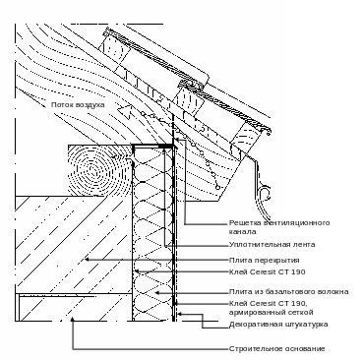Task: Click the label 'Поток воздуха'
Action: pos(78,105)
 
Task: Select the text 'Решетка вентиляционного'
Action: pos(279,223)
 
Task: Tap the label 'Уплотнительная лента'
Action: pos(271,245)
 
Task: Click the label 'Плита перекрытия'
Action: pos(264,261)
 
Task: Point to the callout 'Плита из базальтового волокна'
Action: pos(288,291)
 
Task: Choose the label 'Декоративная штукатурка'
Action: pos(278,325)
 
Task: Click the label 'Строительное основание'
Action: pos(276,348)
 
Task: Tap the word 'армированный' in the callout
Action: pos(253,312)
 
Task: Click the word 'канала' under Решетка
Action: pos(242,231)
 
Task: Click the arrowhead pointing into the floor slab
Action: pos(87,260)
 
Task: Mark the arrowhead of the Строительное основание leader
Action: pos(73,320)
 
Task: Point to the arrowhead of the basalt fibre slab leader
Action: pos(156,292)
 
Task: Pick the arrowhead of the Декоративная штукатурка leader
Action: pos(180,314)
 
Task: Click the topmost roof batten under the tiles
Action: pos(115,49)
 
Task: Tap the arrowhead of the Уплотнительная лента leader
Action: pos(165,150)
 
